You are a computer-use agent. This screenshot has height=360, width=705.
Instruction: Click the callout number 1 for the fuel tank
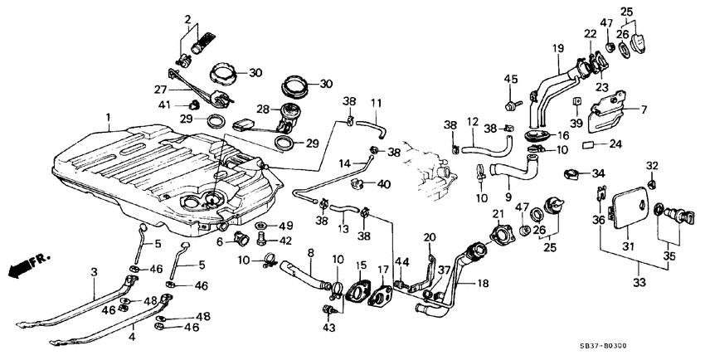pyautogui.click(x=108, y=118)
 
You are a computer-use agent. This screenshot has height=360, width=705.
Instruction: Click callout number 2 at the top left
pyautogui.click(x=187, y=18)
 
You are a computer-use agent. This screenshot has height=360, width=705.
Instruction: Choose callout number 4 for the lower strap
pyautogui.click(x=130, y=337)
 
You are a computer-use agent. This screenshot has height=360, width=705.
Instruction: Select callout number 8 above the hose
pyautogui.click(x=310, y=251)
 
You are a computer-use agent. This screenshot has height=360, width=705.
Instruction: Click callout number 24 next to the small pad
pyautogui.click(x=615, y=143)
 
